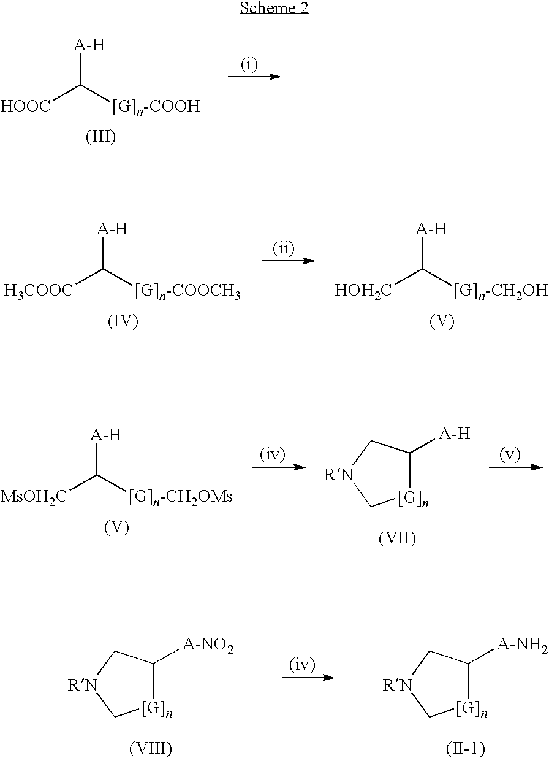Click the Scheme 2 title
tap(274, 8)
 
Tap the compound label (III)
tap(100, 136)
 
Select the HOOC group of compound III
tap(26, 107)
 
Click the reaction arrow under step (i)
tap(254, 77)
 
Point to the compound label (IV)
tap(122, 321)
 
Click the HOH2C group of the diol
tap(363, 291)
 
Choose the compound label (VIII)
tap(150, 748)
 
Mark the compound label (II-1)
tap(465, 748)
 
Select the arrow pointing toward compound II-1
tap(308, 678)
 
